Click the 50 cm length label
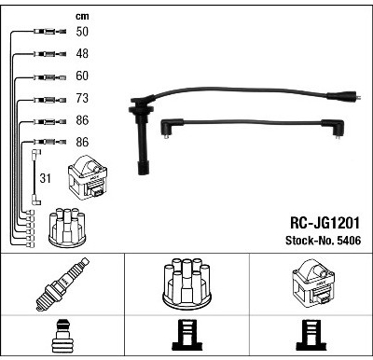[x=82, y=32]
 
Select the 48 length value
[x=82, y=53]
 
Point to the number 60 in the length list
[x=82, y=76]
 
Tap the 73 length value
[x=82, y=98]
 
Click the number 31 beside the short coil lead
[x=45, y=178]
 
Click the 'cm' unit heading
[x=82, y=16]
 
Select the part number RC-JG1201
[x=325, y=223]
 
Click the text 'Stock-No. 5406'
[x=324, y=241]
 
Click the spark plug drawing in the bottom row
[x=62, y=284]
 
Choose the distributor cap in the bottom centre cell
[x=186, y=284]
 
